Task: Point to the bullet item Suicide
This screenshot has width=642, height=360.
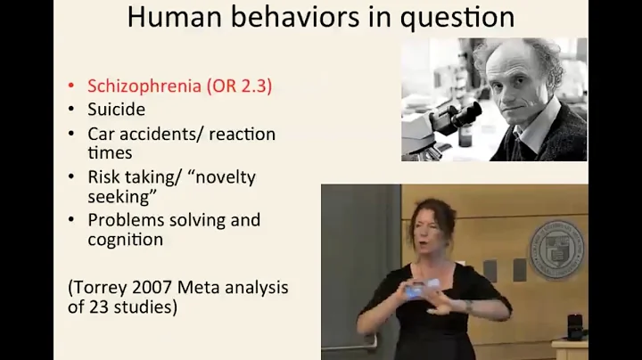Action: (x=116, y=110)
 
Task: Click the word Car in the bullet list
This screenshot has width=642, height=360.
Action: (x=102, y=134)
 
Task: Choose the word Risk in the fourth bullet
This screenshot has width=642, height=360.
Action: (x=105, y=176)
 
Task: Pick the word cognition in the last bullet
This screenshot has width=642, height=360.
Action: (x=125, y=239)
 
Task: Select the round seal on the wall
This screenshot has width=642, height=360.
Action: (x=556, y=249)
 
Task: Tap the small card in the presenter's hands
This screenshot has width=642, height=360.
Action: (x=416, y=289)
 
